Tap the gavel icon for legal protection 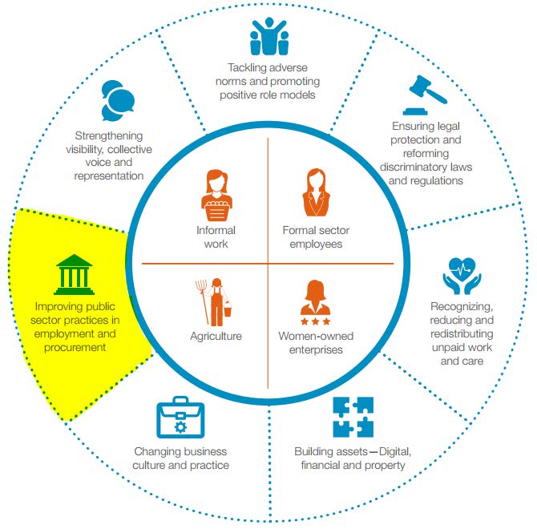tap(426, 95)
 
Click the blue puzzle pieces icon tap(352, 417)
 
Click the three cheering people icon tap(268, 35)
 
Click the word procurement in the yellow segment tap(72, 347)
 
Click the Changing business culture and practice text tap(181, 458)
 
